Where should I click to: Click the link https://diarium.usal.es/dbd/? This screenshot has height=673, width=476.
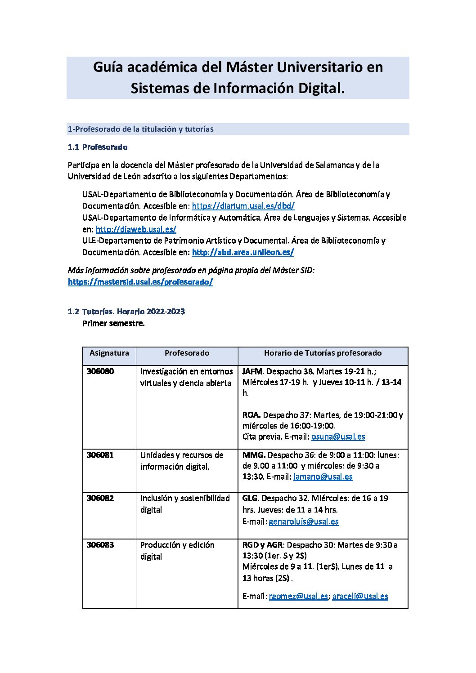click(243, 206)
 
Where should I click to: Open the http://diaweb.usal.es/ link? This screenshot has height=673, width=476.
click(135, 229)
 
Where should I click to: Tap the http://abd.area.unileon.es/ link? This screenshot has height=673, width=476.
click(242, 252)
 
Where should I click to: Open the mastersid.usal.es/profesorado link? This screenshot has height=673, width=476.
click(140, 282)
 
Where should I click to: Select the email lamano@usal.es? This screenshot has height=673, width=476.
click(323, 477)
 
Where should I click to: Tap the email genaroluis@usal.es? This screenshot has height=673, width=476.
click(303, 521)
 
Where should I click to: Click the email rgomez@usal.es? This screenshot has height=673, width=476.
click(298, 596)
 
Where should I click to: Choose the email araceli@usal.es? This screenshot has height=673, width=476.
click(360, 596)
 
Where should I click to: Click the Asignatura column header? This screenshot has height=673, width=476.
click(109, 353)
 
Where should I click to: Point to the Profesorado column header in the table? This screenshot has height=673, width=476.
click(187, 353)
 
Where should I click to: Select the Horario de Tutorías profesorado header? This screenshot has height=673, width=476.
click(323, 353)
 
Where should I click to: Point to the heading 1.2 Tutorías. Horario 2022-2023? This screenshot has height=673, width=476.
click(126, 312)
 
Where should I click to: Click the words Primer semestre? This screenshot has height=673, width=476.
click(113, 323)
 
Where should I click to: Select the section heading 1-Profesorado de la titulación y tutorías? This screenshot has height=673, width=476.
click(140, 129)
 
